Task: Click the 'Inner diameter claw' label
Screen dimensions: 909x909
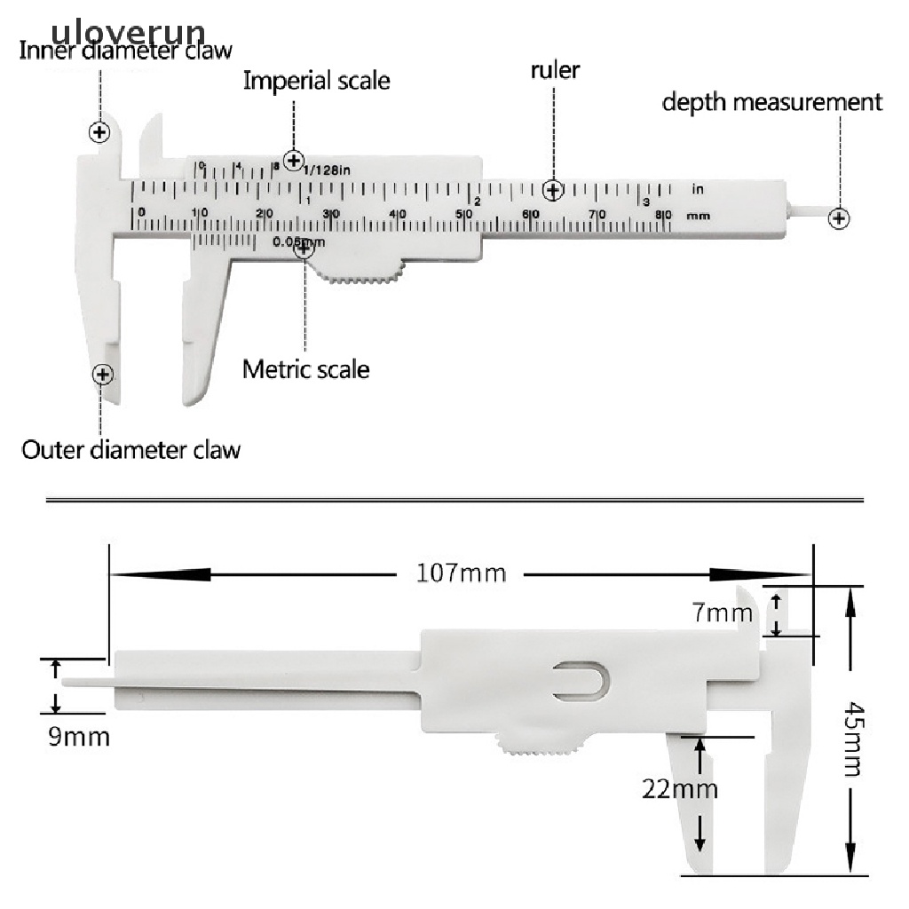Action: pos(125,51)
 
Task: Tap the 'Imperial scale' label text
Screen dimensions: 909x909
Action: pos(316,81)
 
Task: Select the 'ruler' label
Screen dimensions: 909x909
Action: pos(555,70)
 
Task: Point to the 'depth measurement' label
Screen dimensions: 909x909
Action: pos(772,102)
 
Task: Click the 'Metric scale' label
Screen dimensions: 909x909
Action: pos(305,368)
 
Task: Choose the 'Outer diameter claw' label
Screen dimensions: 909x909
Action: pos(130,448)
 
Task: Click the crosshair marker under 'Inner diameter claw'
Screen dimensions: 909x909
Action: pos(99,132)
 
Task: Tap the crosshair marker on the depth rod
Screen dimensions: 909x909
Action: pos(838,218)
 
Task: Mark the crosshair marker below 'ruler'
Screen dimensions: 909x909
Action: pos(554,190)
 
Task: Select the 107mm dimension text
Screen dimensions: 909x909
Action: pos(461,573)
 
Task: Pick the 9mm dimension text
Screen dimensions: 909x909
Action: pos(79,737)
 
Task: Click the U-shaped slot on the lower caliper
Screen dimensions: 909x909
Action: pos(581,680)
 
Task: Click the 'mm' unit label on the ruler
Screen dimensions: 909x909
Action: pos(699,215)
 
